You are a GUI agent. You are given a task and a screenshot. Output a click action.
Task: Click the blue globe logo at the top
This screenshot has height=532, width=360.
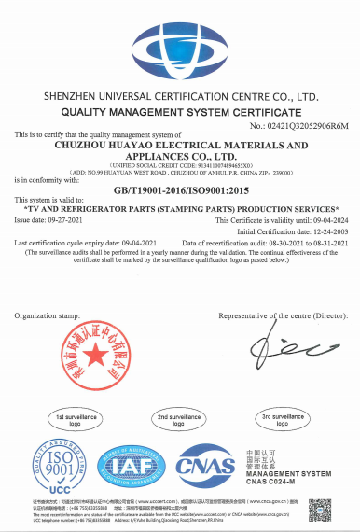[181, 43]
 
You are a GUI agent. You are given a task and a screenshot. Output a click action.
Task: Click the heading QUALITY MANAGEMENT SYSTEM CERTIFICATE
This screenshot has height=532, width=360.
[181, 110]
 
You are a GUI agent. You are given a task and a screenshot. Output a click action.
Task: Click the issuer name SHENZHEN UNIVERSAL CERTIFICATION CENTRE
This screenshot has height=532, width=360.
[181, 96]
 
